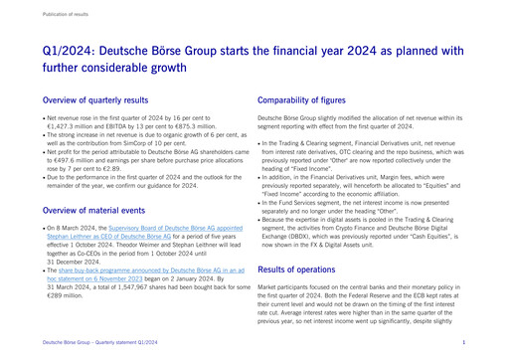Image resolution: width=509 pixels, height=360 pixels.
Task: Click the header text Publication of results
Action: click(63, 14)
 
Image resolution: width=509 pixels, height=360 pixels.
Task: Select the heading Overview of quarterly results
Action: click(96, 100)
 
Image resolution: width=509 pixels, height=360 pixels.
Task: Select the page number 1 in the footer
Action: click(463, 342)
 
